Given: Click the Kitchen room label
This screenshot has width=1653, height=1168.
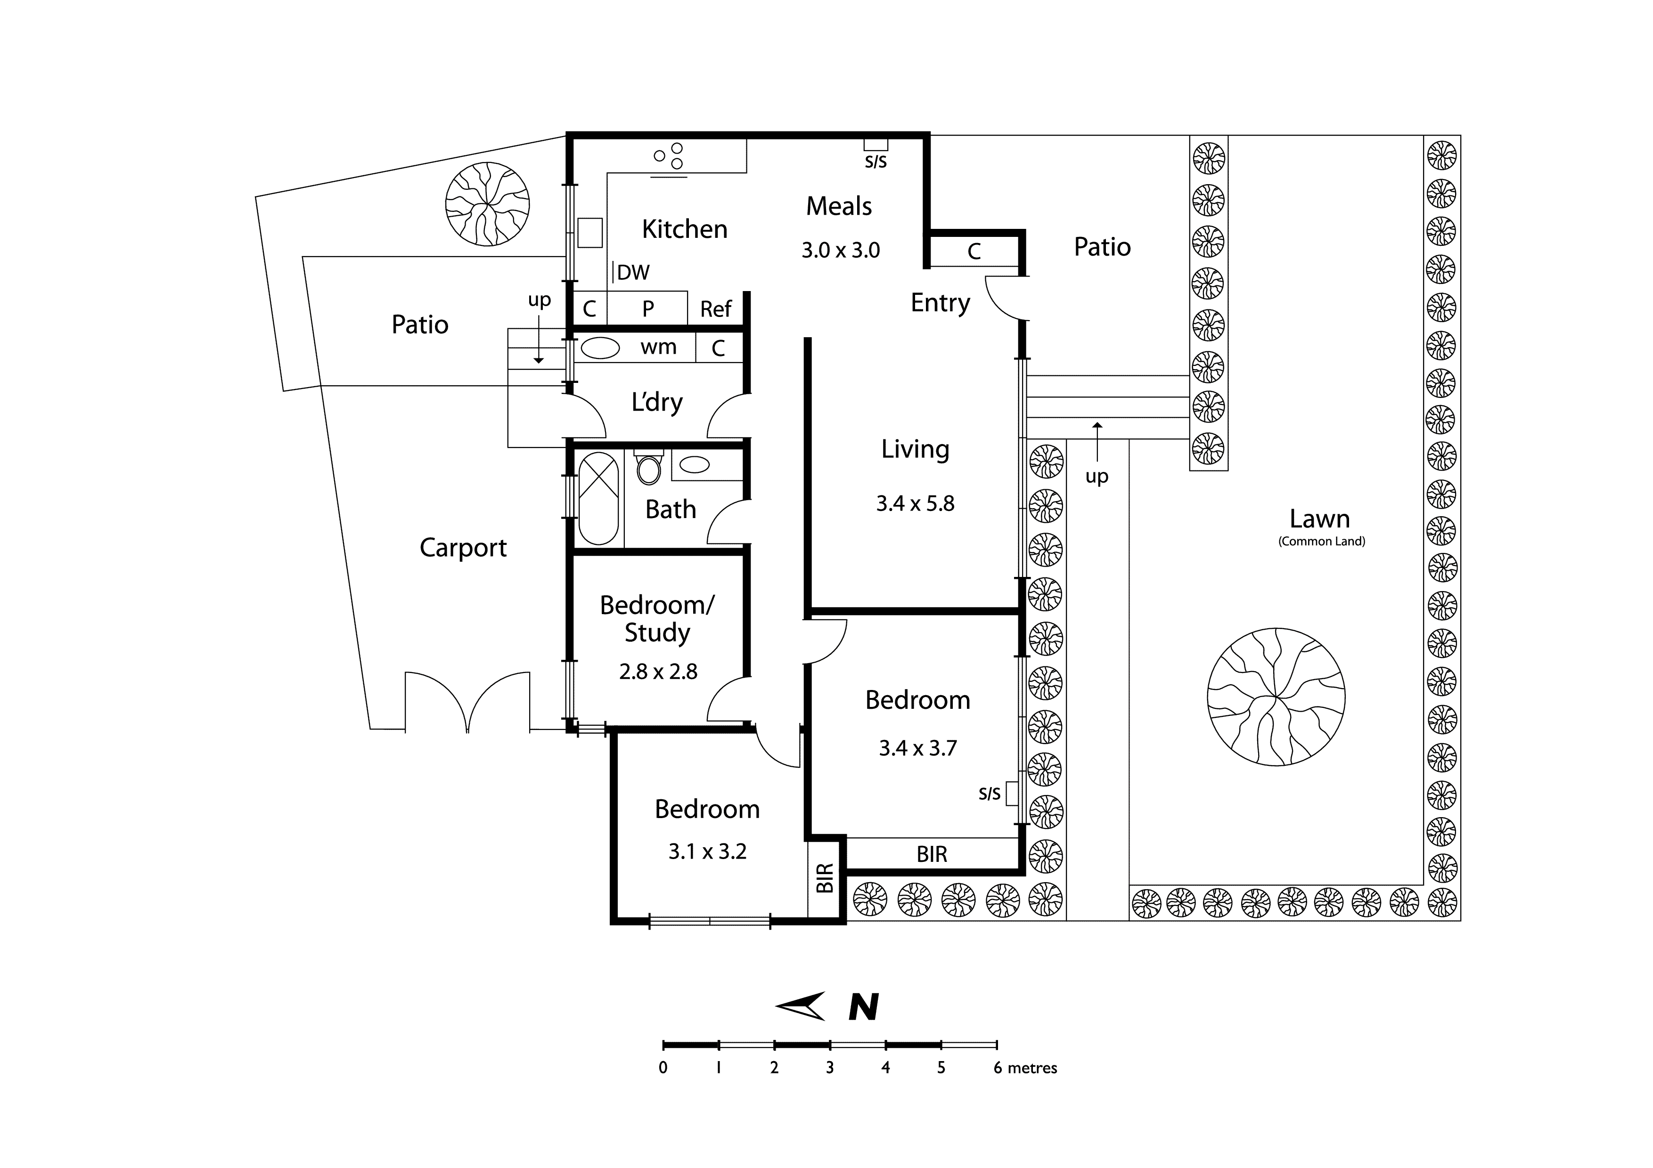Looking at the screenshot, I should coord(684,229).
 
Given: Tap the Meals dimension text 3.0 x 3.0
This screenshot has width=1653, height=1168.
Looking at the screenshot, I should coord(840,251).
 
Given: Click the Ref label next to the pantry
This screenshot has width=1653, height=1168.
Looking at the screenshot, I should coord(716,309).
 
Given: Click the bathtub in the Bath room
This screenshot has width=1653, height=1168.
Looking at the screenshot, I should coord(598,498).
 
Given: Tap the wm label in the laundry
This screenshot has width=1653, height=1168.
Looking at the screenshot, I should coord(658,348).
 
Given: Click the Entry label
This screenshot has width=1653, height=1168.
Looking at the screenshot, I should coord(940,303).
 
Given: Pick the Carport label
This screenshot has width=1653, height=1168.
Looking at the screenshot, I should coord(463,548).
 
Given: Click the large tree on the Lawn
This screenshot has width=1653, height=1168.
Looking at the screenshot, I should coord(1276,697).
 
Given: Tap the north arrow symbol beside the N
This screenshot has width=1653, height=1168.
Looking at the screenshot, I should coord(802,1006).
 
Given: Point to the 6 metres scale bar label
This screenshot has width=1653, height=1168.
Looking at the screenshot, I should coord(1025,1068).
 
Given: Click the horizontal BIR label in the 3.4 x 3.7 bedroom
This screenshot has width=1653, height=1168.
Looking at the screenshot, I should coord(932,854).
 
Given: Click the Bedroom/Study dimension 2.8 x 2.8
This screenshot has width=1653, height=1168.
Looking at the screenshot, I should coord(658,672).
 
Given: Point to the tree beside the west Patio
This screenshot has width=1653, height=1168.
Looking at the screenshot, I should coord(487,204).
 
